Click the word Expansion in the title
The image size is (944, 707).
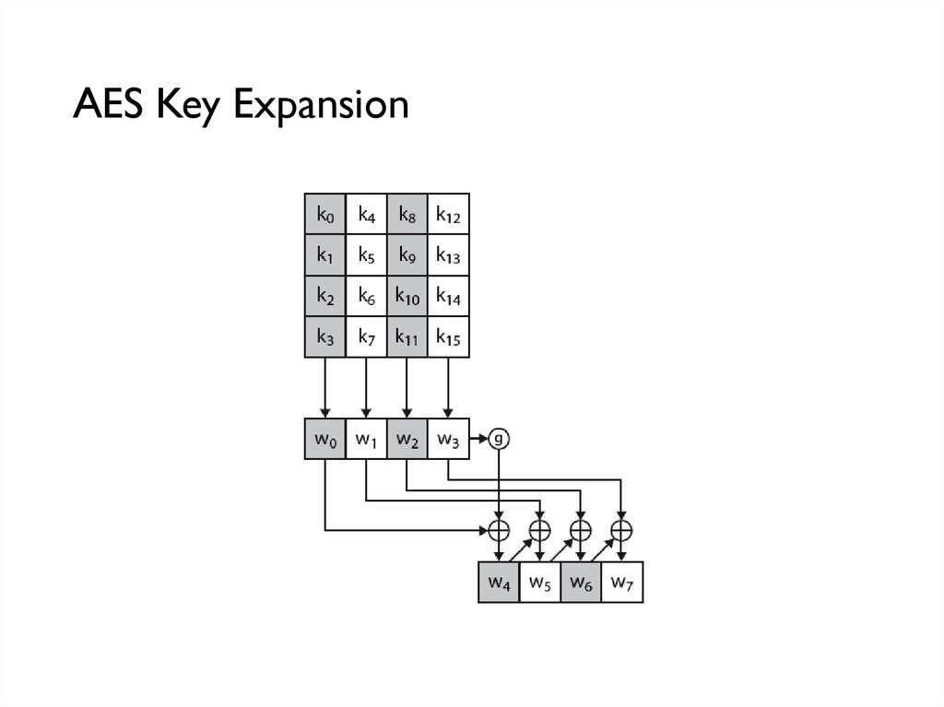click(321, 105)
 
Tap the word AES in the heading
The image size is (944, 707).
click(110, 103)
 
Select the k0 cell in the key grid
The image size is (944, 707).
click(325, 215)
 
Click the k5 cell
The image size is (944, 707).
click(367, 255)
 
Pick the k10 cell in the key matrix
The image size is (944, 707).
click(407, 297)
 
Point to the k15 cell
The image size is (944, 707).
click(449, 337)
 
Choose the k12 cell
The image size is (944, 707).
click(449, 215)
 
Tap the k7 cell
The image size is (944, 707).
click(367, 337)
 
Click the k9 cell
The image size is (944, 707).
click(407, 255)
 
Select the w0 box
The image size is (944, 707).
click(325, 439)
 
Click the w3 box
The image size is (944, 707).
click(449, 439)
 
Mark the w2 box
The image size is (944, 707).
click(407, 439)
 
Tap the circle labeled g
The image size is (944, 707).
click(499, 439)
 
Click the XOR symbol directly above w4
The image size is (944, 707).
click(499, 530)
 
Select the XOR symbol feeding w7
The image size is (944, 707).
click(622, 530)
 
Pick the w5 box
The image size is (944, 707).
click(539, 583)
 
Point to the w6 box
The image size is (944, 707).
click(581, 583)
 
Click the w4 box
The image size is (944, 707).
click(499, 583)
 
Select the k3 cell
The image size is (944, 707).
click(325, 337)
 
